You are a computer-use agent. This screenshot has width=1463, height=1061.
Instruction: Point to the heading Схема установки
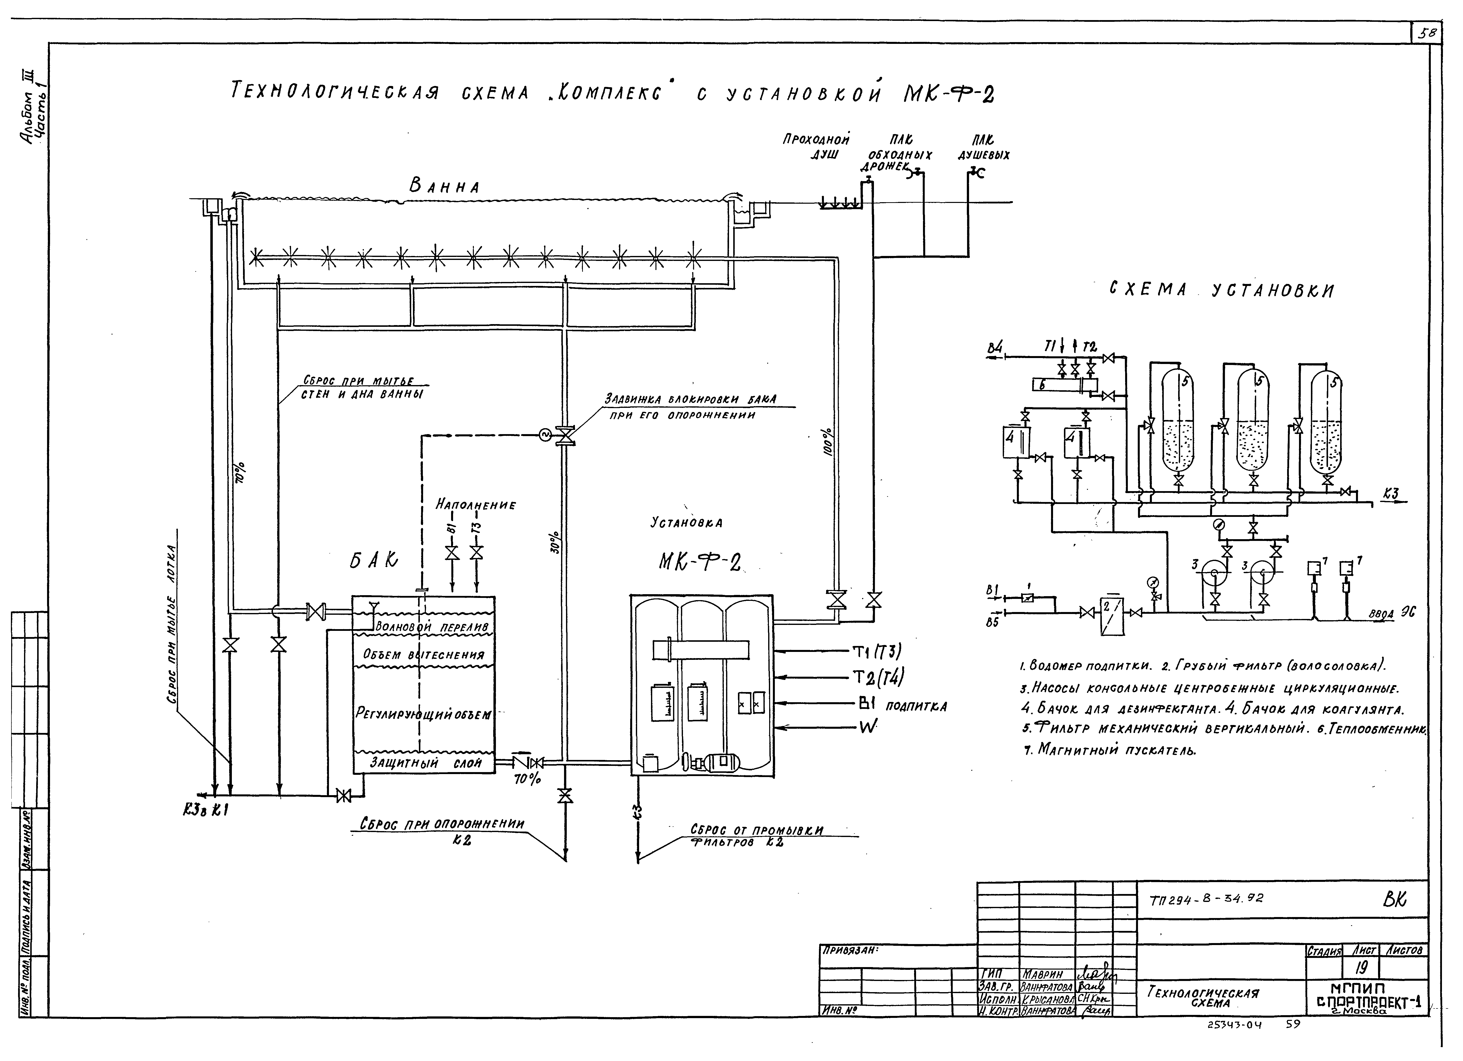(1221, 290)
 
